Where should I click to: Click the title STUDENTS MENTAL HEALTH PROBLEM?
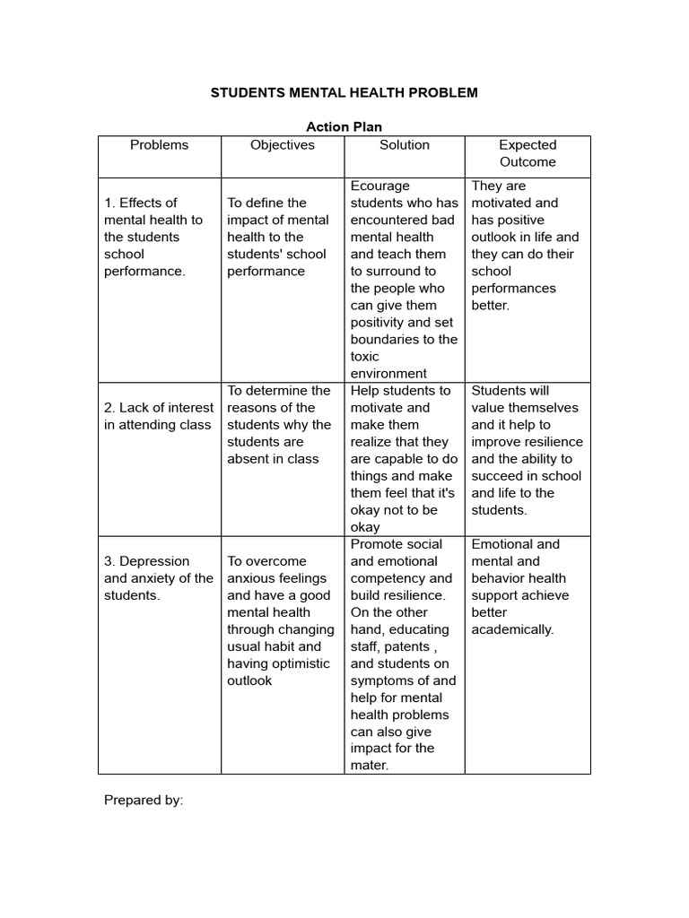344,92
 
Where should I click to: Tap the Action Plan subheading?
344,127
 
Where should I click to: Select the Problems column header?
160,144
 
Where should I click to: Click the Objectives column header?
283,144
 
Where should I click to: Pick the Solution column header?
405,144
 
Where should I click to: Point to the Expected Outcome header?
528,153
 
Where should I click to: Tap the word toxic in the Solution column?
365,356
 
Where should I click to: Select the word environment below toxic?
388,373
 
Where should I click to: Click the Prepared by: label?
144,800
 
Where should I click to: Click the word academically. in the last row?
512,629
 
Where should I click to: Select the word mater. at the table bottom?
370,766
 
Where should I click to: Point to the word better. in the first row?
490,305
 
